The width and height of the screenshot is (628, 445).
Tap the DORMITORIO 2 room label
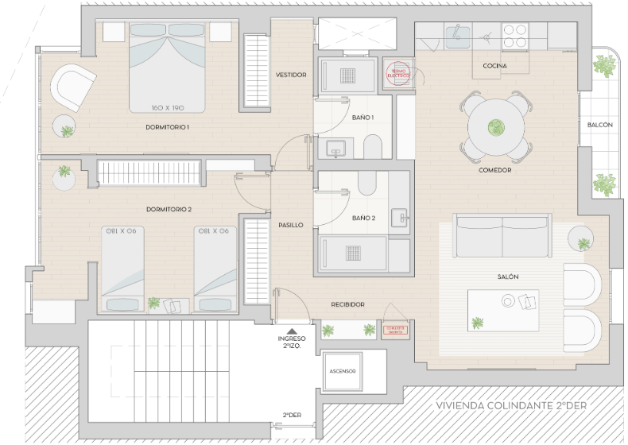click(169, 210)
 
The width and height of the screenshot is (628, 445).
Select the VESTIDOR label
click(291, 75)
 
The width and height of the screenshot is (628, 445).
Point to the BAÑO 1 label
click(362, 118)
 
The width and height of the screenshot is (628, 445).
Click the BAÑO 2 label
click(363, 218)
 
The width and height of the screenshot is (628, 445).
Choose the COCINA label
click(494, 66)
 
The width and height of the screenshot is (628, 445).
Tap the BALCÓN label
click(599, 126)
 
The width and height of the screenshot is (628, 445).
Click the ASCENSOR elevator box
click(343, 372)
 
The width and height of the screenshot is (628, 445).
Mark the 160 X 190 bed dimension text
click(167, 106)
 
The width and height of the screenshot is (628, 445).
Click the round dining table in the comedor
click(496, 126)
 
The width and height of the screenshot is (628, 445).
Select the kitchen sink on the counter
click(456, 34)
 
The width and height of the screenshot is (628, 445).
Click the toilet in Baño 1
click(371, 146)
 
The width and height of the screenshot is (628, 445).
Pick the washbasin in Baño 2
click(401, 215)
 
